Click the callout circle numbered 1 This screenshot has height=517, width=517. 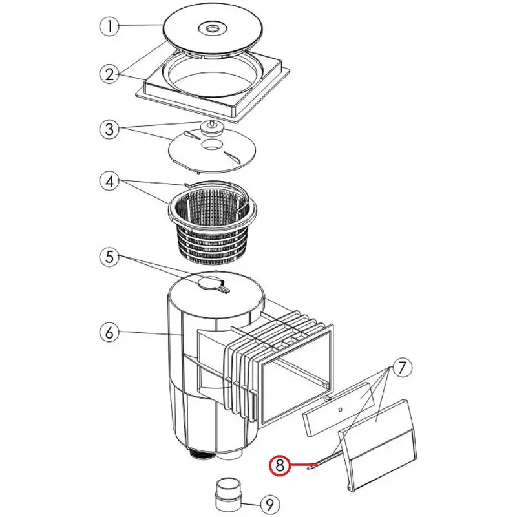tap(110, 27)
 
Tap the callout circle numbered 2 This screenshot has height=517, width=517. tap(110, 73)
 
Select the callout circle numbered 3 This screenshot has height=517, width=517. tap(110, 129)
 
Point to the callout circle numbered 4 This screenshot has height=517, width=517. tap(110, 182)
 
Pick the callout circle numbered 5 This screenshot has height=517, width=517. tap(110, 257)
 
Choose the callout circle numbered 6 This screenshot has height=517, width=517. tap(110, 333)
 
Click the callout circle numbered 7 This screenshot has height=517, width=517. tap(401, 368)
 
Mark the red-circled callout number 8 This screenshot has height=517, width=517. tap(280, 464)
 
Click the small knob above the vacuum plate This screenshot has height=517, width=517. tap(211, 126)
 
